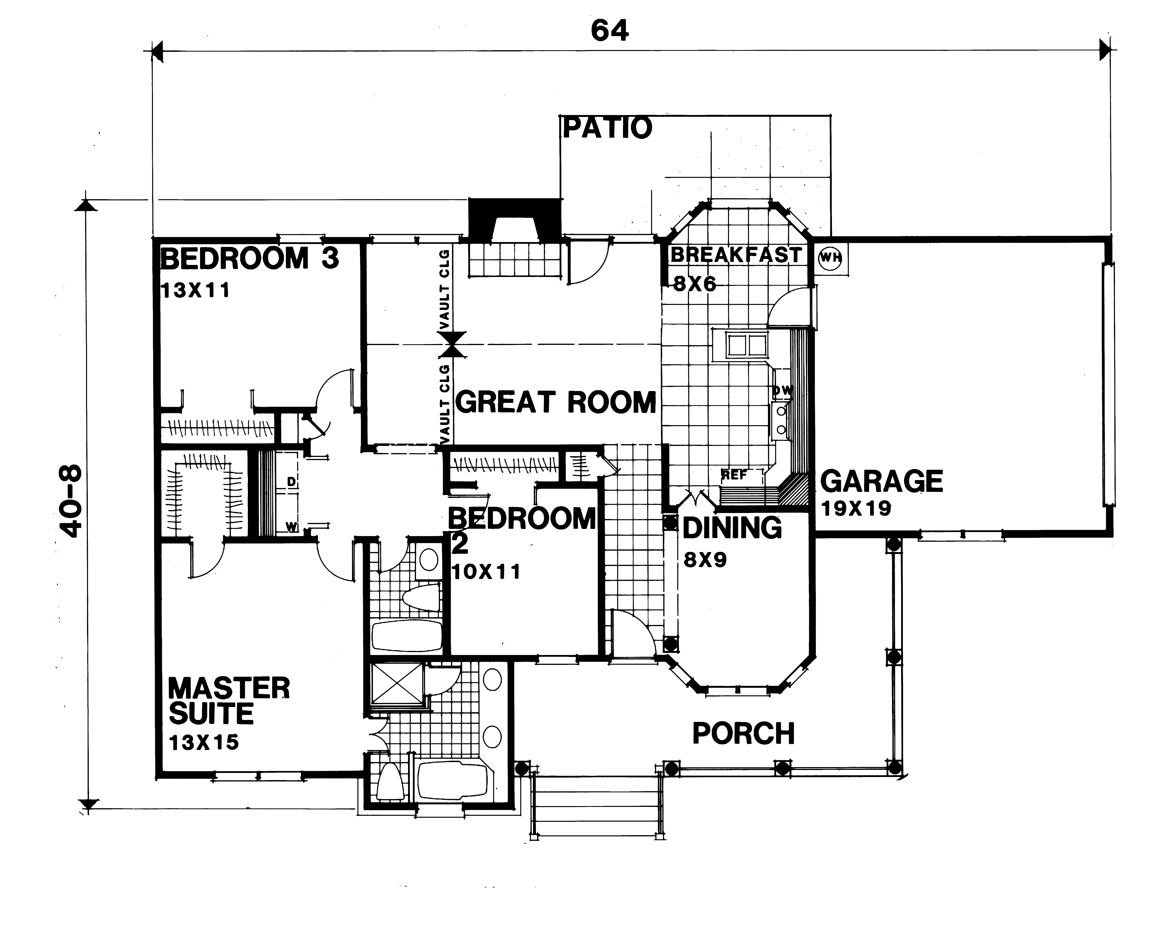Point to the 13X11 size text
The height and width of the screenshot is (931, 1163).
[x=195, y=291]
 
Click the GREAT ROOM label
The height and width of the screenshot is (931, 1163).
[x=556, y=403]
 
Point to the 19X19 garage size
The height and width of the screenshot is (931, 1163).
[x=856, y=508]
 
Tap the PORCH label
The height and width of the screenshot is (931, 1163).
[x=743, y=734]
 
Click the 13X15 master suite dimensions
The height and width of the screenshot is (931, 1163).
[x=203, y=743]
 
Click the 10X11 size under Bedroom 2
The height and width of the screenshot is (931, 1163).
[x=486, y=572]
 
